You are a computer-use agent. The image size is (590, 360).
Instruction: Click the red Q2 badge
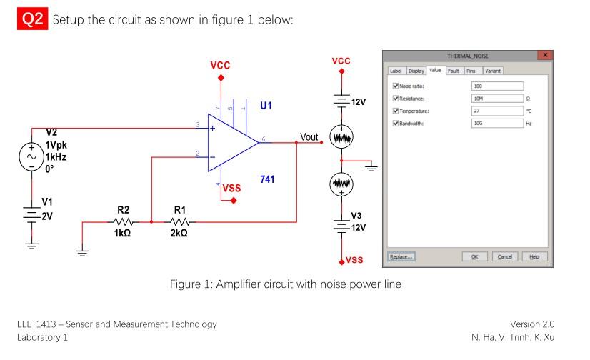point(32,19)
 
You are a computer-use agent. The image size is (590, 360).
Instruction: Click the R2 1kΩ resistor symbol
point(122,222)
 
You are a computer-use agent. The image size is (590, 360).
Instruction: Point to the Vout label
point(309,136)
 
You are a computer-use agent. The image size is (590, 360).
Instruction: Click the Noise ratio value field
point(498,86)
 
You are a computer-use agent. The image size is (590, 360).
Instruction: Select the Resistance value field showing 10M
point(498,99)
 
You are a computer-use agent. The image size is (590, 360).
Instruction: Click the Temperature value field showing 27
point(498,111)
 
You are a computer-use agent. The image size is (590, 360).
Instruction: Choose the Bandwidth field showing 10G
point(498,123)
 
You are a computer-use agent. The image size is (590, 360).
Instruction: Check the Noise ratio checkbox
point(396,86)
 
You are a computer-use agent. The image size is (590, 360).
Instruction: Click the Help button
point(534,256)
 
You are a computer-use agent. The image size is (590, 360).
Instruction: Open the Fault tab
point(453,71)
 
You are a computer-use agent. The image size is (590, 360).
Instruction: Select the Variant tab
point(493,71)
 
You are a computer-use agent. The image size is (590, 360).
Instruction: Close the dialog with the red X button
point(546,55)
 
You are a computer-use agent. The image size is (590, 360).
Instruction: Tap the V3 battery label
point(356,216)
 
